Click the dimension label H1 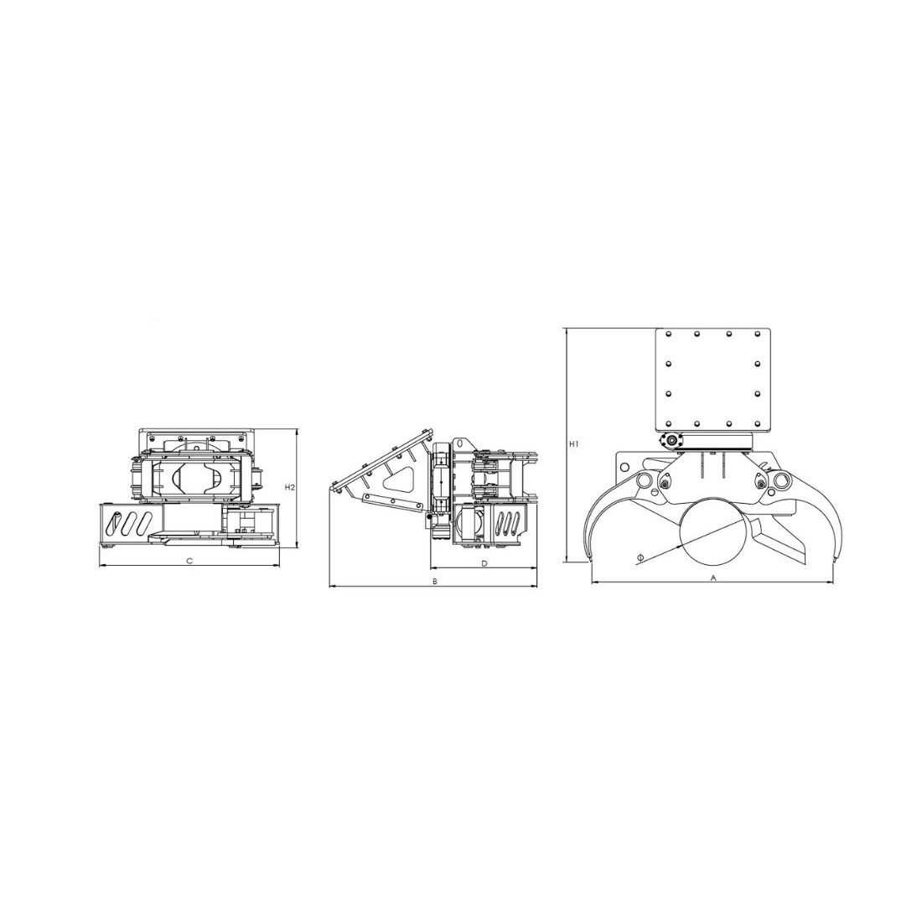coord(574,444)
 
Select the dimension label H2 coord(289,487)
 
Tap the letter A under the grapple coord(713,578)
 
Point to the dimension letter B coord(434,581)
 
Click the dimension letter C coord(189,561)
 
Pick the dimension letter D coord(484,563)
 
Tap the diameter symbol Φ coord(640,557)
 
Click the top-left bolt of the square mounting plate coord(668,334)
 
